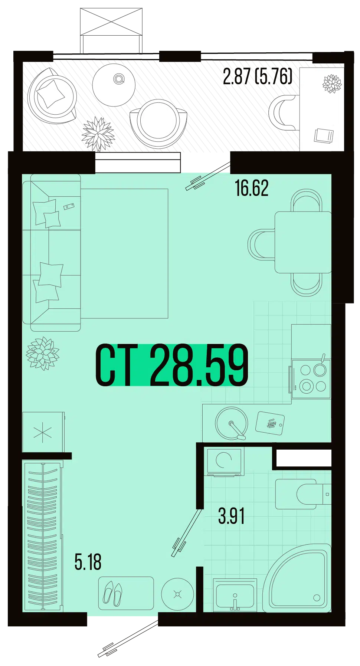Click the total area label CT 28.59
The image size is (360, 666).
coord(172,365)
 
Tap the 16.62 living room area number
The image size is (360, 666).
coord(252,188)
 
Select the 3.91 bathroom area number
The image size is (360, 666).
coord(232,516)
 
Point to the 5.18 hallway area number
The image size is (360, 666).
coord(88,562)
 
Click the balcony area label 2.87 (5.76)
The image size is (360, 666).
coord(258,76)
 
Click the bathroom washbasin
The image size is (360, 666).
coord(235,595)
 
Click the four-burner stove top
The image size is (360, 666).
coord(311,379)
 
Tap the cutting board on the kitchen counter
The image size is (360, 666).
coord(270,423)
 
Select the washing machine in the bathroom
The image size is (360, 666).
coord(224,462)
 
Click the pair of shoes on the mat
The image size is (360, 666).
coord(112,593)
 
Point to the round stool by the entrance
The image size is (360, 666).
coord(177,594)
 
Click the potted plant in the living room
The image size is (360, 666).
coord(42,353)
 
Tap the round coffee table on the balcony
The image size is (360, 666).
coord(114,85)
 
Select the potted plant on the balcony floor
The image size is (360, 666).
coord(98,134)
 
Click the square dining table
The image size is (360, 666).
coord(303,242)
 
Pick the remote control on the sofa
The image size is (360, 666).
coord(69,206)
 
